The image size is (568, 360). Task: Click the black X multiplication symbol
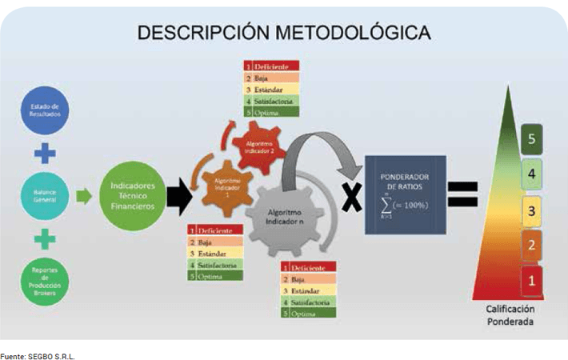350,197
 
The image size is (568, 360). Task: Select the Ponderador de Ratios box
405,194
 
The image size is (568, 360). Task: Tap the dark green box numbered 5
532,139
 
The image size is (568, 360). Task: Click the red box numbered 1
532,280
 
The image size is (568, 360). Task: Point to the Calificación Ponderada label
510,314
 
